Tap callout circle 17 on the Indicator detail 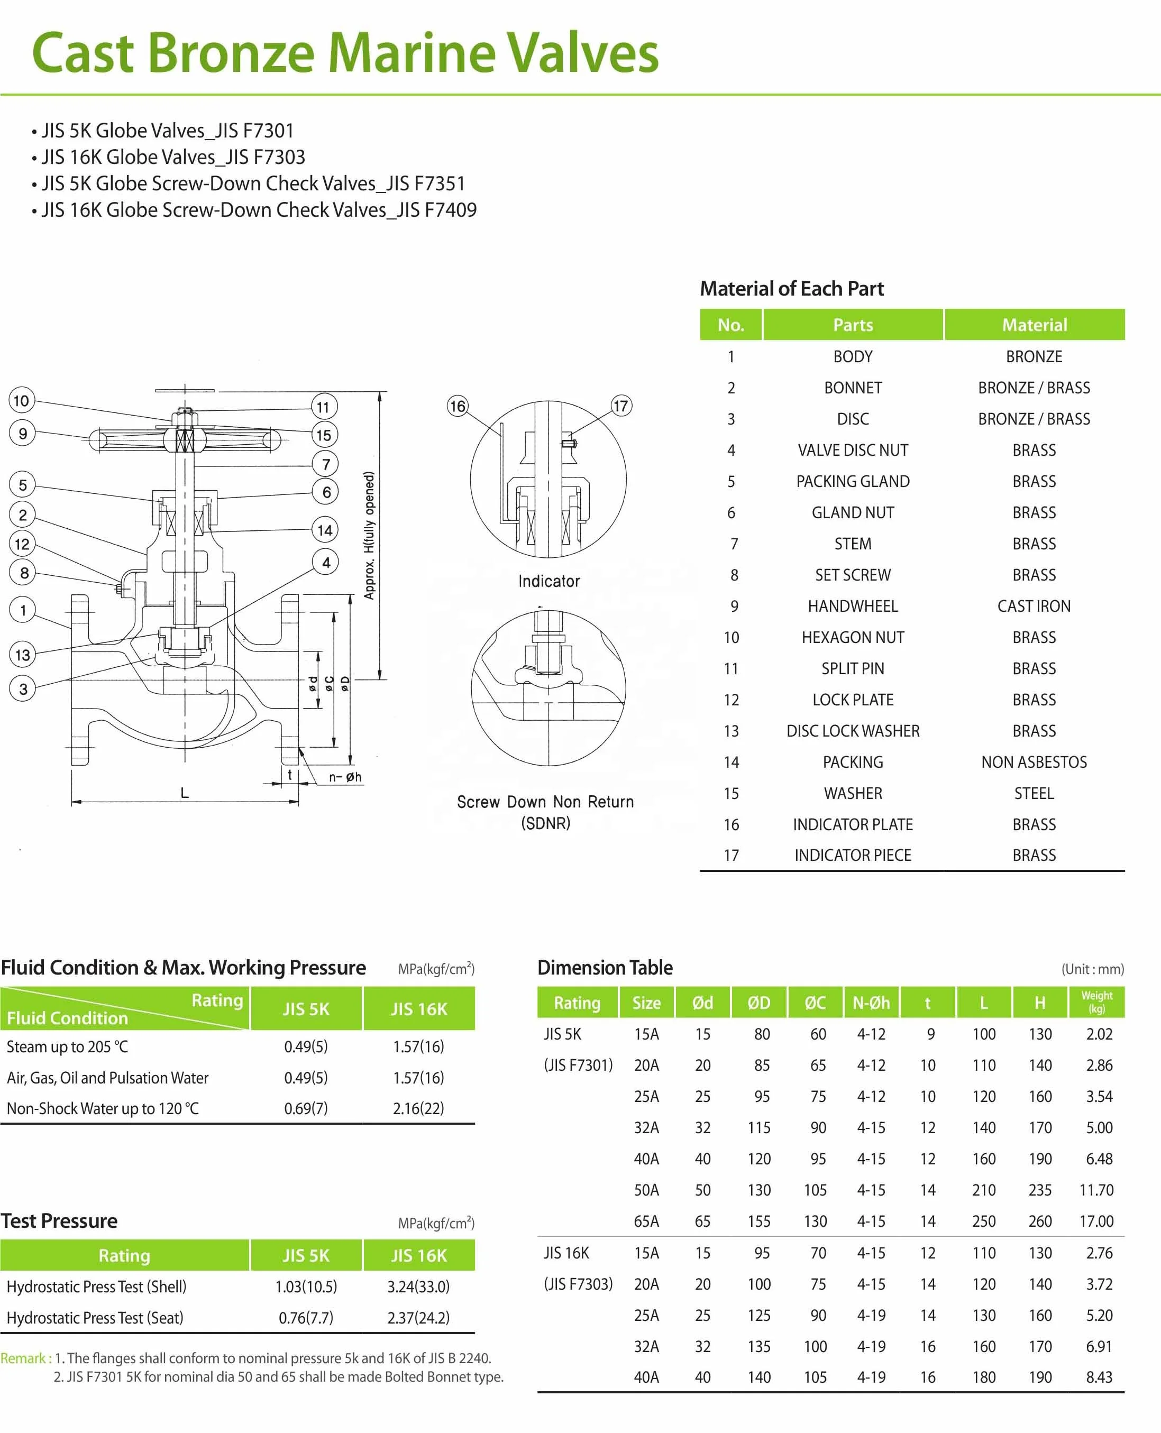[x=620, y=406]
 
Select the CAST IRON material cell [x=1033, y=606]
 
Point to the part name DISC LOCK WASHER [x=853, y=731]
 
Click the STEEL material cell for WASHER [x=1033, y=793]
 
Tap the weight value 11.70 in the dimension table [x=1096, y=1190]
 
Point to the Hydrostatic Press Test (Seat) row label [x=95, y=1317]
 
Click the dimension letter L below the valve [x=185, y=793]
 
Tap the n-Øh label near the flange [x=345, y=777]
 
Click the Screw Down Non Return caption [x=545, y=802]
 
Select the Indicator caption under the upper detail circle [x=548, y=581]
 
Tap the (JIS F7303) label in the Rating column [x=578, y=1284]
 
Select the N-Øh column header [x=871, y=1003]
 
